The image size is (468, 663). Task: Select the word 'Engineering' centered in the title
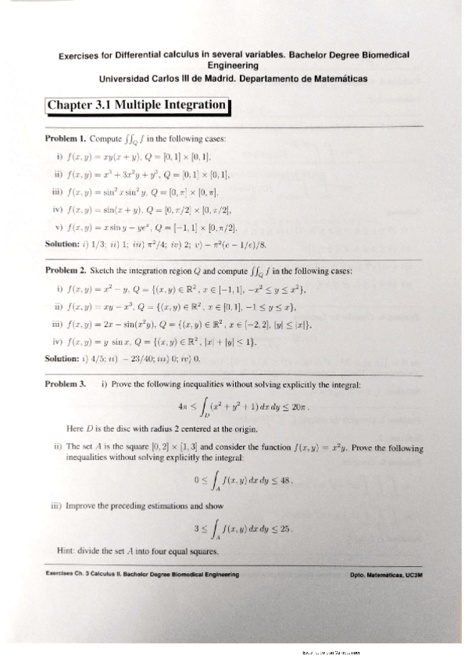pos(234,67)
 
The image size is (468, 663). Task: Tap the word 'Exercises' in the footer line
pos(63,575)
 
